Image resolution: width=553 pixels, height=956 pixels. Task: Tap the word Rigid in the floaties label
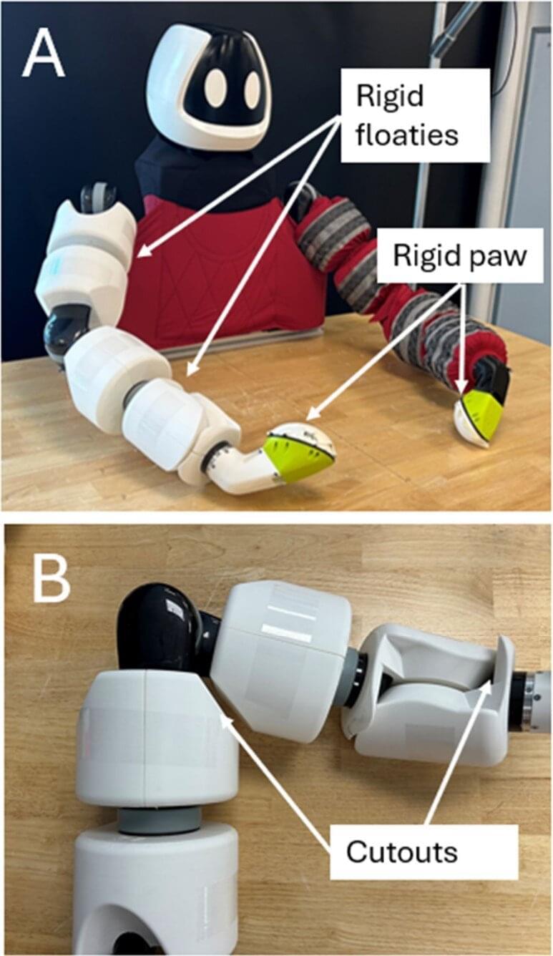[390, 97]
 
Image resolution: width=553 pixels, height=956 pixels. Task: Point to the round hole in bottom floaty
[132, 939]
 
